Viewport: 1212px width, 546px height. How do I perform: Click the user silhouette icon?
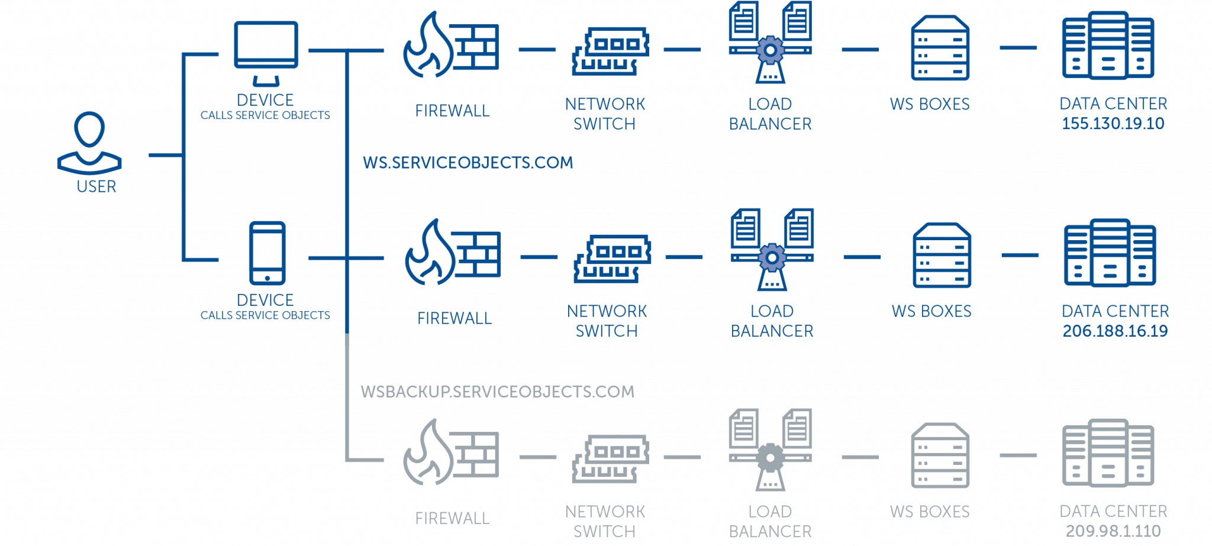click(x=89, y=143)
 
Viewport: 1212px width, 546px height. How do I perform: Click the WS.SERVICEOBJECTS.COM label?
click(x=468, y=163)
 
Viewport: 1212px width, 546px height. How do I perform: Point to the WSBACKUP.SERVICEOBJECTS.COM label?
click(x=497, y=391)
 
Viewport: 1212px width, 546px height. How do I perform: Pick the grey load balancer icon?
click(x=770, y=450)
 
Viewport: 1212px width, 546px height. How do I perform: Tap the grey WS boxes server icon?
click(x=940, y=455)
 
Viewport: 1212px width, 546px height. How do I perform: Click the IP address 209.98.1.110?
click(x=1113, y=531)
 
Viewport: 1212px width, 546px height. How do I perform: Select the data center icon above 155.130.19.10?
click(x=1107, y=47)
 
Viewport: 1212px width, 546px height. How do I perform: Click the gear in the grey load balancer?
click(x=770, y=458)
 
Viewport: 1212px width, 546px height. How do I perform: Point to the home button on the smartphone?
click(x=267, y=278)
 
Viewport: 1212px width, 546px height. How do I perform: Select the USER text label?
click(x=96, y=187)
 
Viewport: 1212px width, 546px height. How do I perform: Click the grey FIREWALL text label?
click(x=453, y=519)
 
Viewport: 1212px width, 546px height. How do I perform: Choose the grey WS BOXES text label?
click(x=930, y=512)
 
